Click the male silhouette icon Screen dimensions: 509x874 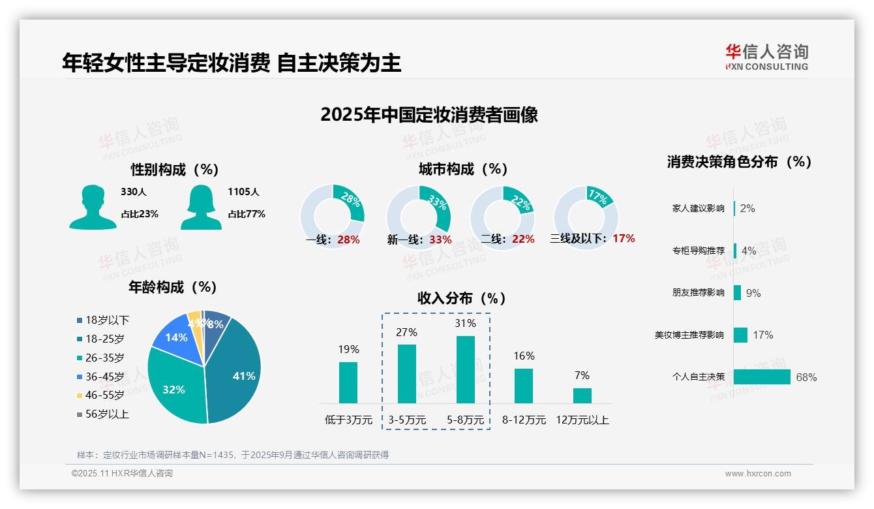[x=93, y=208]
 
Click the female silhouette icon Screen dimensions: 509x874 [x=201, y=208]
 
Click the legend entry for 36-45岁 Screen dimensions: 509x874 [x=104, y=377]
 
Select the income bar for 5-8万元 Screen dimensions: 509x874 [x=465, y=369]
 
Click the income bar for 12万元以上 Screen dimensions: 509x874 [x=582, y=395]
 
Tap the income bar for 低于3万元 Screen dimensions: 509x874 [x=348, y=382]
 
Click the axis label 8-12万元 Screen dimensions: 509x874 [x=524, y=420]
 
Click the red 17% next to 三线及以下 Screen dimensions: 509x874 [x=624, y=239]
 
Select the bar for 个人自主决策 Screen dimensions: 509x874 [x=762, y=377]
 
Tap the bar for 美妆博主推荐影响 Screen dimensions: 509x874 [x=740, y=335]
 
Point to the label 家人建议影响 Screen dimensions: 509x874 [x=698, y=209]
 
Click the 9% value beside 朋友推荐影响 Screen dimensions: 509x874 [x=753, y=293]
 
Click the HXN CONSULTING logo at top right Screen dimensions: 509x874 [x=766, y=57]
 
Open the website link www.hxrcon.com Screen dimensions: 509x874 [x=758, y=474]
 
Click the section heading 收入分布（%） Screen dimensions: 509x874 [x=462, y=298]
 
